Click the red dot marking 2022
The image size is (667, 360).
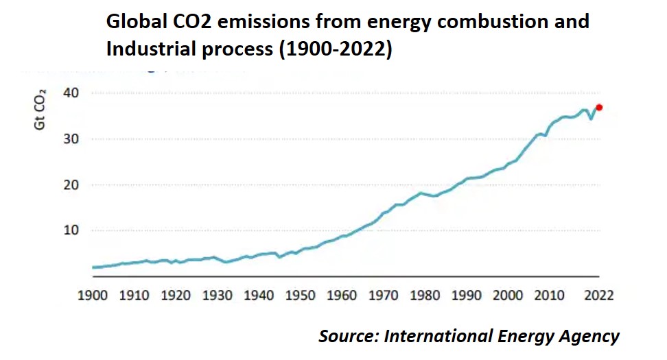[599, 107]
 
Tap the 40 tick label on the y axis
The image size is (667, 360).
[73, 93]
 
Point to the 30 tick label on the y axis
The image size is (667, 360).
[73, 139]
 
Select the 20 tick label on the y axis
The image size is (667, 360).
[73, 184]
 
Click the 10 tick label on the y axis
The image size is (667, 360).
[73, 230]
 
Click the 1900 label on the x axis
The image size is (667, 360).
[93, 296]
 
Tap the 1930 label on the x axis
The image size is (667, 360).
[218, 296]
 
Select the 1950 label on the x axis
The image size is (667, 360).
[300, 296]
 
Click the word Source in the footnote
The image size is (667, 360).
[347, 337]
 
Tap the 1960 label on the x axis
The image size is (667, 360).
[342, 296]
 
